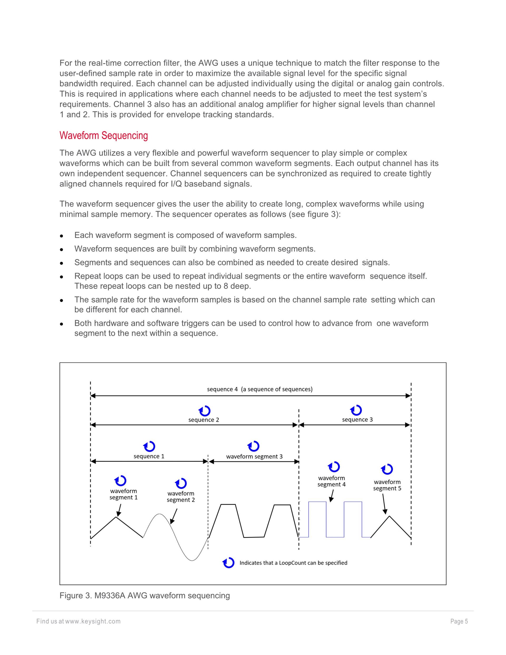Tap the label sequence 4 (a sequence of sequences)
pyautogui.click(x=260, y=389)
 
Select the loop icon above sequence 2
pyautogui.click(x=205, y=411)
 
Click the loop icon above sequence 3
pyautogui.click(x=356, y=410)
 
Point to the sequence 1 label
pyautogui.click(x=149, y=456)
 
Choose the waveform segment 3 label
pyautogui.click(x=254, y=456)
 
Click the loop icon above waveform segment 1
pyautogui.click(x=120, y=481)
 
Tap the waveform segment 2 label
pyautogui.click(x=181, y=497)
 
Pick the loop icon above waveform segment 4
pyautogui.click(x=334, y=467)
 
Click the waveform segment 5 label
pyautogui.click(x=387, y=485)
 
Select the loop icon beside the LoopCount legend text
pyautogui.click(x=228, y=563)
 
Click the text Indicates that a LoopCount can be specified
pyautogui.click(x=293, y=563)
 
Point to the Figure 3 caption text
pyautogui.click(x=144, y=596)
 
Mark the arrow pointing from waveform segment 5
pyautogui.click(x=384, y=504)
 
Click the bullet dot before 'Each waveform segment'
pyautogui.click(x=61, y=236)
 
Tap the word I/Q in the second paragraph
pyautogui.click(x=176, y=184)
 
